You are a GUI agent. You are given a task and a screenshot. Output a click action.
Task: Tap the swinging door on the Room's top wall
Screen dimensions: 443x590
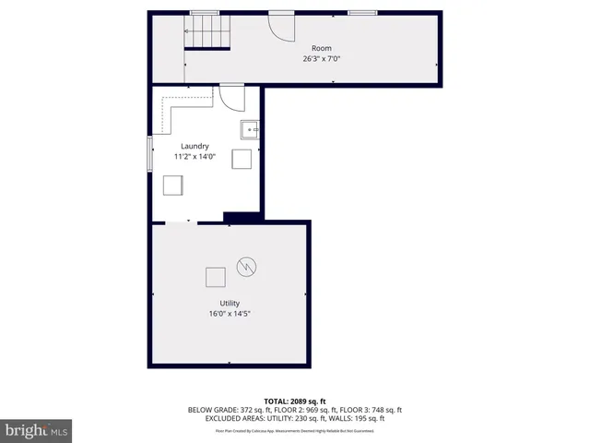(x=279, y=28)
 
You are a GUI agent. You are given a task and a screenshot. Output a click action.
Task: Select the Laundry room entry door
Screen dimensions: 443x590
(x=230, y=96)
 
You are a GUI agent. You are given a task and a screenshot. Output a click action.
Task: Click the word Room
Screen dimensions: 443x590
(x=321, y=48)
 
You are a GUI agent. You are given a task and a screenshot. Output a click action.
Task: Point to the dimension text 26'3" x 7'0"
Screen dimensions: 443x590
(x=321, y=58)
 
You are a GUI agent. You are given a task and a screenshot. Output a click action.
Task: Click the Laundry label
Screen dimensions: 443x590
(x=195, y=146)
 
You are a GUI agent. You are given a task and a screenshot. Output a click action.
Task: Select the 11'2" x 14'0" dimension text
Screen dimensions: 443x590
(x=195, y=156)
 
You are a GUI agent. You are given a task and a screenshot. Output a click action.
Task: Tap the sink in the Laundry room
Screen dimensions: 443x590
(x=249, y=128)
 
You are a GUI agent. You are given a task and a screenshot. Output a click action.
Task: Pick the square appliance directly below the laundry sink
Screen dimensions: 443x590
(x=242, y=159)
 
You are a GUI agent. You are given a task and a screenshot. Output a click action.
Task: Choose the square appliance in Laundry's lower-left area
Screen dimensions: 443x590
(x=172, y=186)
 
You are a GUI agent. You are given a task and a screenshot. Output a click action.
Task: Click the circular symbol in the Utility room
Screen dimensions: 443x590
(x=246, y=267)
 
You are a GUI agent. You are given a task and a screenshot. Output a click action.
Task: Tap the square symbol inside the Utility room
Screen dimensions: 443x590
(x=215, y=277)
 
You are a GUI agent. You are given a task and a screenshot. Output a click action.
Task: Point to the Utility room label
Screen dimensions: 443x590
(x=230, y=303)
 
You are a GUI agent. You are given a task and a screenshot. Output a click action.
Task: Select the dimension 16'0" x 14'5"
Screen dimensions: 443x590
(x=230, y=314)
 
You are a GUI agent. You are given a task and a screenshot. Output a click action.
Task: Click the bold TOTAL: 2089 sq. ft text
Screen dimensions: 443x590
(x=295, y=401)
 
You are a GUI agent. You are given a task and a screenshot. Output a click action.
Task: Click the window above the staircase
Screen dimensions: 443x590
(x=204, y=13)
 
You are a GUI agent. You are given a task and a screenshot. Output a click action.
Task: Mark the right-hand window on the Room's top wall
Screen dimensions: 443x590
(x=361, y=13)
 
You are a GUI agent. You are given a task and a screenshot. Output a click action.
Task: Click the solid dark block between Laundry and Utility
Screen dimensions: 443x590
(x=242, y=218)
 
